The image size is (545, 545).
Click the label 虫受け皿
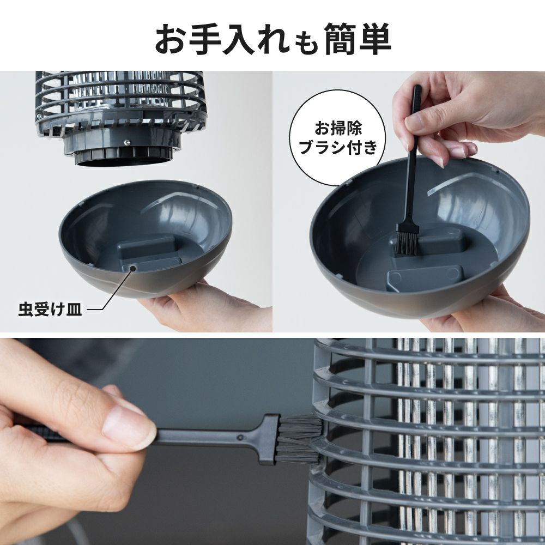(50, 311)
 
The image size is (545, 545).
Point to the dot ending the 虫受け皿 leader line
(129, 268)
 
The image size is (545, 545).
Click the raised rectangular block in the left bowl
(147, 247)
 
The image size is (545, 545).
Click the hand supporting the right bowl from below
(491, 316)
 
